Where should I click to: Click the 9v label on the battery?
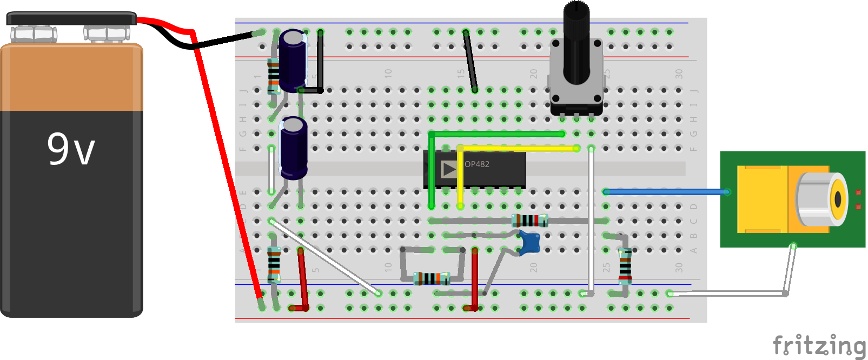point(71,149)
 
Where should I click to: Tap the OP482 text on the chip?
point(477,164)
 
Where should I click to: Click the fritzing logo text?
point(819,345)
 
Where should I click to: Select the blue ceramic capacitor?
point(529,243)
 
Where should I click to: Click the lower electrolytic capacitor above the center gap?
point(293,148)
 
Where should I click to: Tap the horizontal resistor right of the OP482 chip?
point(529,221)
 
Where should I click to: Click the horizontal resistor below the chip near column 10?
point(432,278)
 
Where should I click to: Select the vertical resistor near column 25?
point(625,265)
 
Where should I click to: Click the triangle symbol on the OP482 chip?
point(449,169)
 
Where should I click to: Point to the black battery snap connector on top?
point(71,19)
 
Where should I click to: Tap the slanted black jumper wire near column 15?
point(470,61)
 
